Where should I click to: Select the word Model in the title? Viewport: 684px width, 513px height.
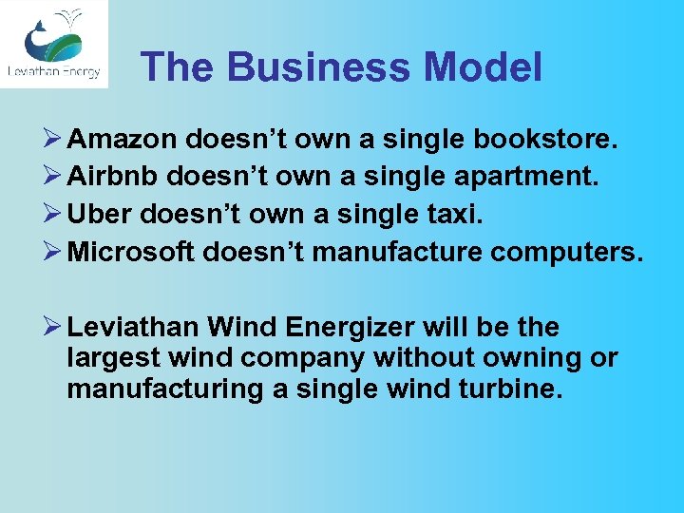tap(484, 67)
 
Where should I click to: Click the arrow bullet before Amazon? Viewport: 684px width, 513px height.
tap(52, 141)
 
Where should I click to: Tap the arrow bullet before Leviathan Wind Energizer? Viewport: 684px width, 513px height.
tap(52, 328)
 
